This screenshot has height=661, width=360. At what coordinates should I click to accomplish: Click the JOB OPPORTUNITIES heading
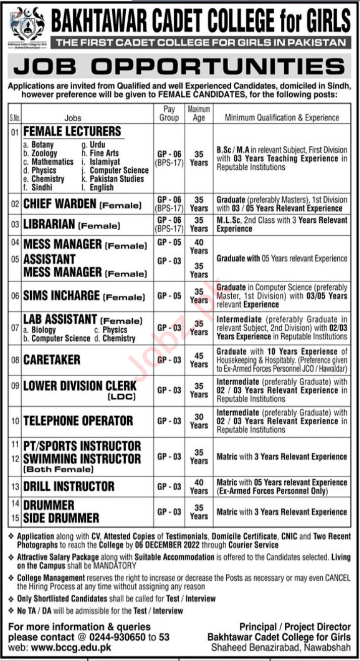(x=180, y=67)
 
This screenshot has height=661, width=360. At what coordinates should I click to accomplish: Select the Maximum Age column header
(x=199, y=114)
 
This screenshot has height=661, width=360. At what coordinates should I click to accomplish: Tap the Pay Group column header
(x=169, y=114)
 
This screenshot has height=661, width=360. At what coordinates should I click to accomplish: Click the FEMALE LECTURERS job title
(x=73, y=132)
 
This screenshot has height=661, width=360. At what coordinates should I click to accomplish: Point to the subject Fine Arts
(x=104, y=153)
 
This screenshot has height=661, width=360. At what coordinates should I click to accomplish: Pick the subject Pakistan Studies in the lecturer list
(x=116, y=179)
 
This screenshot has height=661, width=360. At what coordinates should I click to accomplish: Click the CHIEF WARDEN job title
(x=60, y=204)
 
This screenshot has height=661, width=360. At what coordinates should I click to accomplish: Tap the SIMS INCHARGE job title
(x=62, y=296)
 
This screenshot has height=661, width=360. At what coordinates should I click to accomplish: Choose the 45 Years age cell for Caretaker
(x=199, y=360)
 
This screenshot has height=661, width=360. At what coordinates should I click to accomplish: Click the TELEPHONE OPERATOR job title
(x=78, y=421)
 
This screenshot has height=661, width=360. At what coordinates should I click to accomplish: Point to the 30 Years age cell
(x=199, y=421)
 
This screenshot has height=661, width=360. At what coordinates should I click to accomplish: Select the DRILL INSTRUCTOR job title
(x=69, y=487)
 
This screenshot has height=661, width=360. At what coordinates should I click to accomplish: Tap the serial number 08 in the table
(x=14, y=361)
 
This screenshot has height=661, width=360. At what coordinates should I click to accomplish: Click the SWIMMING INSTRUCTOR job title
(x=82, y=459)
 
